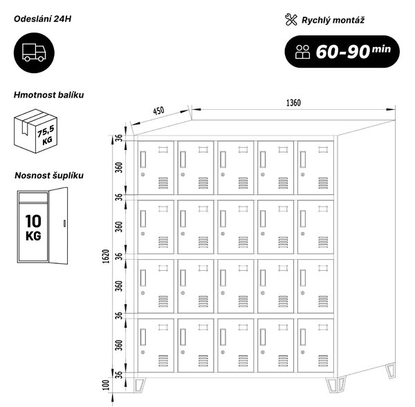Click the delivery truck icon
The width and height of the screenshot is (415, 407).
34,53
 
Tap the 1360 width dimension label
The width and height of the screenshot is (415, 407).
293,102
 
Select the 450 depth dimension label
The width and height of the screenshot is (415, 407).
158,111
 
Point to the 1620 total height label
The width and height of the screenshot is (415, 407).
106,256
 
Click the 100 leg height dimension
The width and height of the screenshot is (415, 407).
106,385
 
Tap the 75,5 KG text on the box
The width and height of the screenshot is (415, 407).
46,135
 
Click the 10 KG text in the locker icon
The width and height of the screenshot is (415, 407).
33,227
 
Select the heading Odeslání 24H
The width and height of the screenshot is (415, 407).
42,19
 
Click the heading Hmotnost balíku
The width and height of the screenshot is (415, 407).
48,95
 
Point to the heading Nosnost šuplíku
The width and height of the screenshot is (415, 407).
49,176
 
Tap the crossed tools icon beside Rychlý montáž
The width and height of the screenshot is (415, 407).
291,20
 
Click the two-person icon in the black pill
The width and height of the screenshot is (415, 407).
302,52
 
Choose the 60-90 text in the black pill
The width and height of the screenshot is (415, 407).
343,52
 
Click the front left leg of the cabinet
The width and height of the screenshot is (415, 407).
140,385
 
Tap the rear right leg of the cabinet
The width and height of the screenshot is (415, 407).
391,371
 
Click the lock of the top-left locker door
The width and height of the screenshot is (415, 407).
143,175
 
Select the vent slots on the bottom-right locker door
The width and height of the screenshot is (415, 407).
323,361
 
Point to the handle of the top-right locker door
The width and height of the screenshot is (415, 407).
302,159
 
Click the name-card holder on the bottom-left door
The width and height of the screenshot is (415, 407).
163,328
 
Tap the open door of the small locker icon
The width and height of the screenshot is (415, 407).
59,225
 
